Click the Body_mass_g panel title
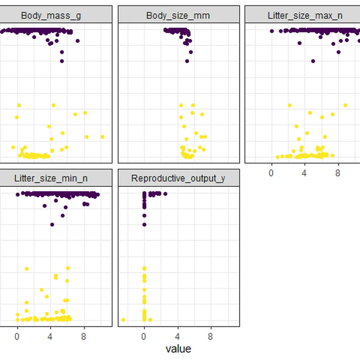[51, 15]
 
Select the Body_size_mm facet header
[179, 15]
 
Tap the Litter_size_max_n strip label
[305, 15]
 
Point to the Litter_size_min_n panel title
[51, 178]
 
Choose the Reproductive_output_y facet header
[179, 178]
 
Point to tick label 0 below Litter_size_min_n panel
[17, 334]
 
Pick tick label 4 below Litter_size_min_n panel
[50, 334]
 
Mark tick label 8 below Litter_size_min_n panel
[84, 334]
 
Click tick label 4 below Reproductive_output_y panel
[178, 334]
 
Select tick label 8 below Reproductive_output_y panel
[211, 334]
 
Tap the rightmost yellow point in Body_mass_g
[102, 137]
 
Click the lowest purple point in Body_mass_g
[62, 60]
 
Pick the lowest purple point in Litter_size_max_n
[313, 60]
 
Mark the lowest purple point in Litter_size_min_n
[52, 224]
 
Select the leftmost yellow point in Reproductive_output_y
[123, 319]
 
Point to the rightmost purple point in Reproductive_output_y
[165, 193]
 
